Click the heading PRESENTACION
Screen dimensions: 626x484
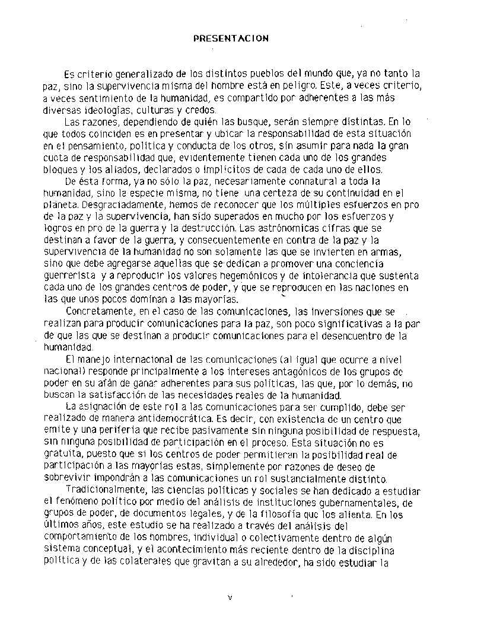231,39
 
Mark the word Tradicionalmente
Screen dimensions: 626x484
105,491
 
